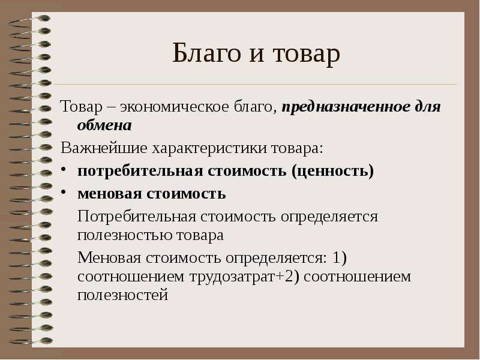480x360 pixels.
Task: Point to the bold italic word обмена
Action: [104, 125]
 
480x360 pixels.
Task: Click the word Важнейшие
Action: [104, 148]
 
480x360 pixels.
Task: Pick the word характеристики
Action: [209, 149]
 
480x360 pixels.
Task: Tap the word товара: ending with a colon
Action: [297, 149]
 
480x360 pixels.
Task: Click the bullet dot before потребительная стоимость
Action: [63, 170]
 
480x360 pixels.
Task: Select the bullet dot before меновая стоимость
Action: [63, 192]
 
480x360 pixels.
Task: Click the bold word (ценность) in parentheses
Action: [332, 171]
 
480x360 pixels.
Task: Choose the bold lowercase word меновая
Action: [110, 194]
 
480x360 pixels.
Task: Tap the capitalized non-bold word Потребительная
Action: [137, 217]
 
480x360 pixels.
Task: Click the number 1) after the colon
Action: [339, 258]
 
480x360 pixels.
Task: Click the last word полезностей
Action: [123, 295]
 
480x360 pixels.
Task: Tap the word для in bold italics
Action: [428, 107]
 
